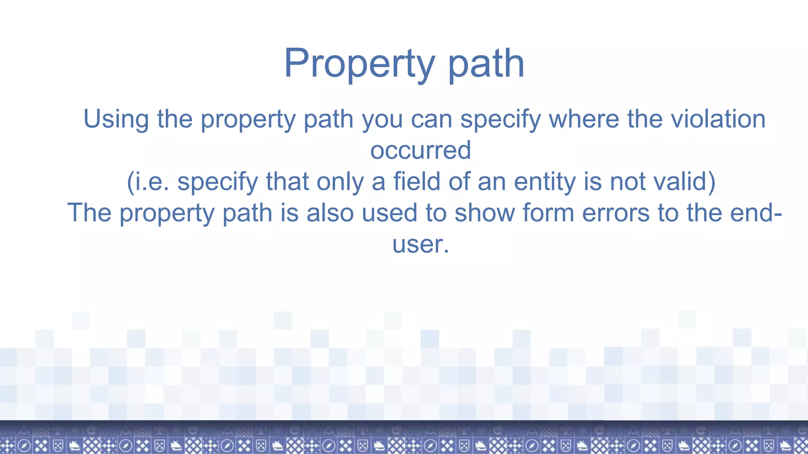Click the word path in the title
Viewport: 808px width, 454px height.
[486, 64]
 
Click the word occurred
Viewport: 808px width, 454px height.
[421, 150]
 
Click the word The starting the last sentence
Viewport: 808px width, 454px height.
[90, 213]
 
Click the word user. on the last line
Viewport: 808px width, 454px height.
[421, 244]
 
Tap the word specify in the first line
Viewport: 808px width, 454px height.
[500, 119]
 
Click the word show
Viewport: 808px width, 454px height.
[484, 213]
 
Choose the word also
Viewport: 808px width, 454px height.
[330, 213]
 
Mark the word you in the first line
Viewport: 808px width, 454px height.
[382, 119]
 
